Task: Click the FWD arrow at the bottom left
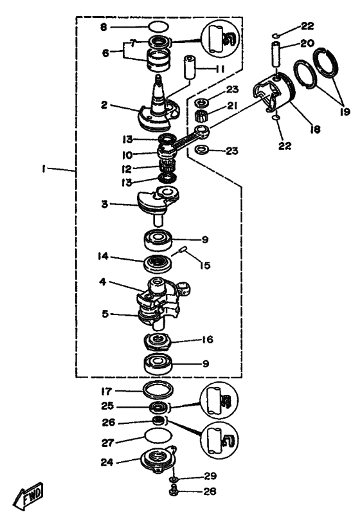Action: (x=28, y=495)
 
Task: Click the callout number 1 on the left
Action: (x=43, y=168)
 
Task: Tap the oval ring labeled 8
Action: (x=158, y=26)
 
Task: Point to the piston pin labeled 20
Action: (x=276, y=53)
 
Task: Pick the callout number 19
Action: (x=345, y=111)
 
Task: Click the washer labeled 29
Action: (x=174, y=479)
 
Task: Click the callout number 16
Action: (x=208, y=340)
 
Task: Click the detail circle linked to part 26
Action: (x=219, y=439)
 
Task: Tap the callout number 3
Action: (x=105, y=204)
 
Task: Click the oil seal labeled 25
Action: (x=159, y=407)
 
